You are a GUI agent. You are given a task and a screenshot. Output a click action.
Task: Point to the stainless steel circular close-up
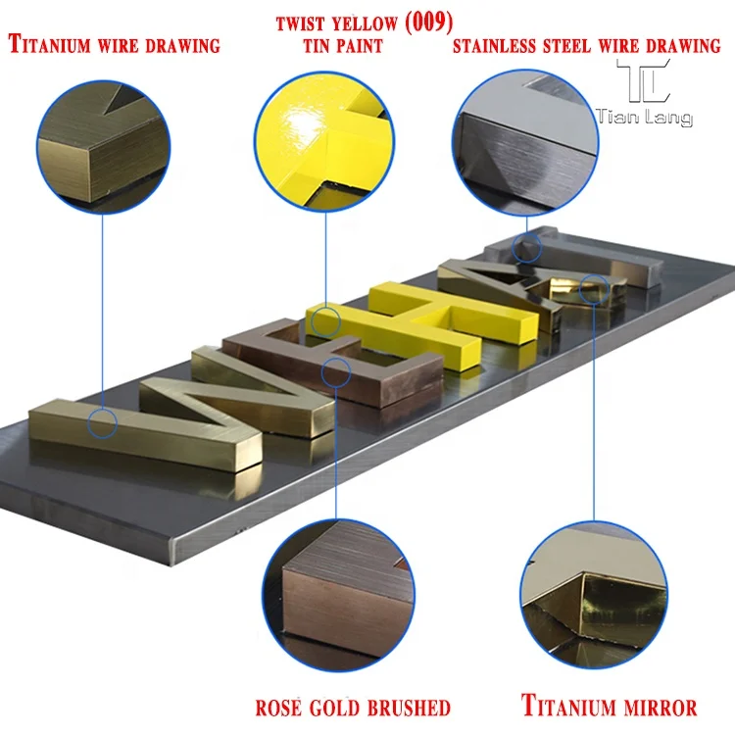tap(524, 138)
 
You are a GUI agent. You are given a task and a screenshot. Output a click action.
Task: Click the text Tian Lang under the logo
tap(644, 118)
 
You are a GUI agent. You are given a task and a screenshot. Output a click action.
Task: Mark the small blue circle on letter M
tap(102, 423)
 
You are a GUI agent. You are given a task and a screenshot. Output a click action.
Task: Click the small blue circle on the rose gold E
tap(335, 370)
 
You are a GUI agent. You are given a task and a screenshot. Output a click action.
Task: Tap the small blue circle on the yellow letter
tap(326, 318)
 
